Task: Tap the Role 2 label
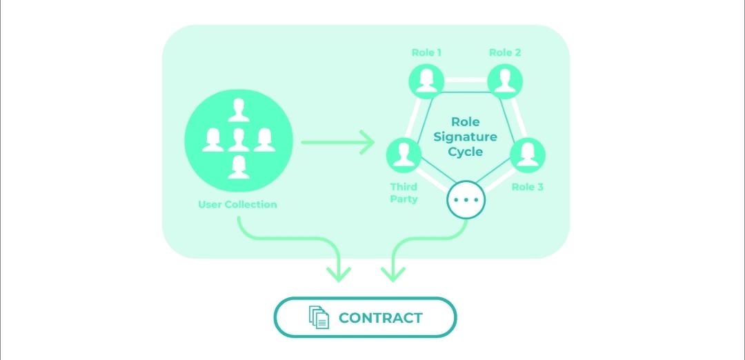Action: pos(505,52)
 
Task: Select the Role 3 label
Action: pos(527,186)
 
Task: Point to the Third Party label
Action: pos(404,192)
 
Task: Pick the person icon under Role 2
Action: pos(505,81)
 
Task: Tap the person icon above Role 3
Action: pos(528,155)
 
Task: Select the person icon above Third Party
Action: pos(403,155)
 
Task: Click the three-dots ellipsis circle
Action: pos(466,200)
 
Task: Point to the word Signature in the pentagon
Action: pos(466,137)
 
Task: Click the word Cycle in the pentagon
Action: pos(466,152)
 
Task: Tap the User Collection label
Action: pos(237,204)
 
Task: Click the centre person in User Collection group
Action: pos(239,139)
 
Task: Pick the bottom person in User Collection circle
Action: pos(239,167)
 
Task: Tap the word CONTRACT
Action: pos(380,318)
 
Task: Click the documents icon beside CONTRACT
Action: pos(318,317)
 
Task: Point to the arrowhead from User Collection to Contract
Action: pos(339,273)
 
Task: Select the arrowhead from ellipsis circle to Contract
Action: pos(393,273)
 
